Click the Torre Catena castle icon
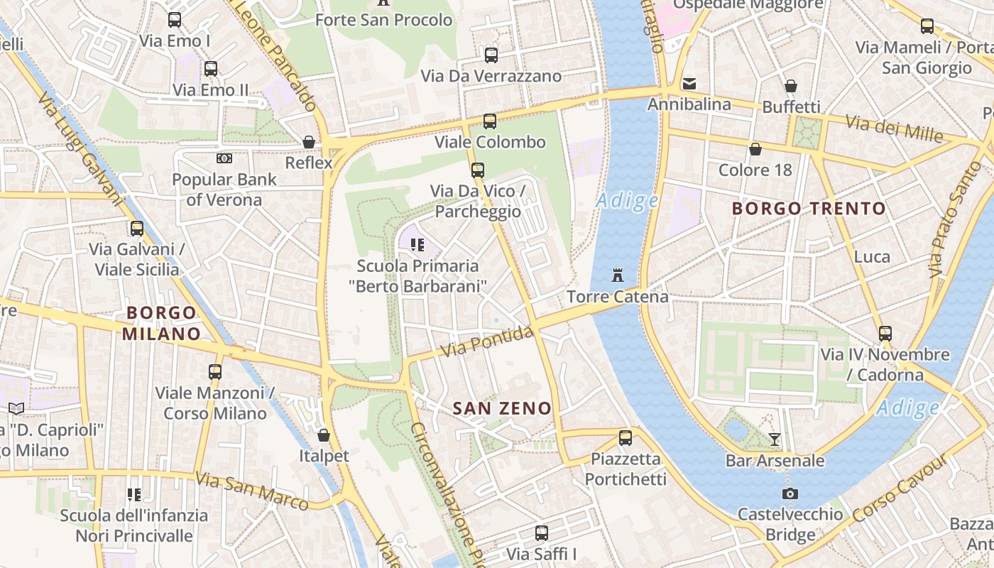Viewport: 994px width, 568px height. point(617,275)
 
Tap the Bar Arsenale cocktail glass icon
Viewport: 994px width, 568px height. point(775,439)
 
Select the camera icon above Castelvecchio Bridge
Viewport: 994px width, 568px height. point(790,493)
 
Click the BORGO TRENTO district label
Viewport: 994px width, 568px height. point(809,209)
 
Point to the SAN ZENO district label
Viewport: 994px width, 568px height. point(502,408)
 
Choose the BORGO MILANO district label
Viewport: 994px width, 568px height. point(160,323)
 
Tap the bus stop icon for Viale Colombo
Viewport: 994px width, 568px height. point(489,121)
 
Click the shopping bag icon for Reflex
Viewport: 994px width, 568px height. point(309,142)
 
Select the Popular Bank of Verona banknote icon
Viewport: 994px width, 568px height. point(224,158)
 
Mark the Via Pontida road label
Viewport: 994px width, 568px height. point(486,342)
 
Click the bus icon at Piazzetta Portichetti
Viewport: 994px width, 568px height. point(625,438)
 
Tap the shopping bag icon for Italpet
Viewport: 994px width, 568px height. point(324,435)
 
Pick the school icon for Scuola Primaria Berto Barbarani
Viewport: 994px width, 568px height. point(417,246)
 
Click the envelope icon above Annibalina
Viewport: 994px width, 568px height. point(688,84)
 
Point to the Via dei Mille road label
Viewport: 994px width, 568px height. point(894,129)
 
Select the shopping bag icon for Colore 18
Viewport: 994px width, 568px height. point(755,150)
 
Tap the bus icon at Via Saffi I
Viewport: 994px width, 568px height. point(542,533)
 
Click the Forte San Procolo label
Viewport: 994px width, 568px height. point(383,20)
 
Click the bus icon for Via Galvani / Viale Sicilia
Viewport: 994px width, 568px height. point(137,229)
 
